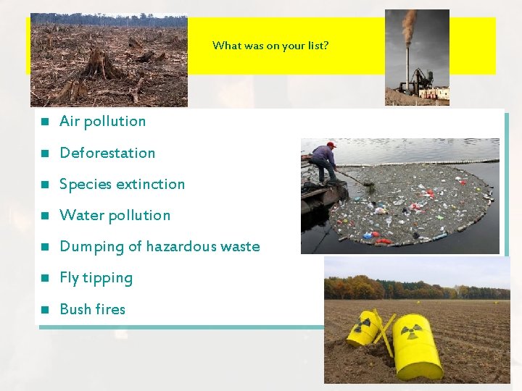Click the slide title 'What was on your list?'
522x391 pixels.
coord(270,46)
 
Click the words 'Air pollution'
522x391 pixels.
coord(102,122)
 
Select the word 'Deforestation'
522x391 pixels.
coord(107,153)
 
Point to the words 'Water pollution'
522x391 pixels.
coord(115,215)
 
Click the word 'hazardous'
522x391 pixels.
coord(182,246)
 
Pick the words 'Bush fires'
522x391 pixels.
coord(92,309)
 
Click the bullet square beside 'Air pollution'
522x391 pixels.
coord(44,122)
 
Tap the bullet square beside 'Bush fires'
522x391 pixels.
coord(44,310)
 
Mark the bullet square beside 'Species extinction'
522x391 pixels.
coord(44,185)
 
